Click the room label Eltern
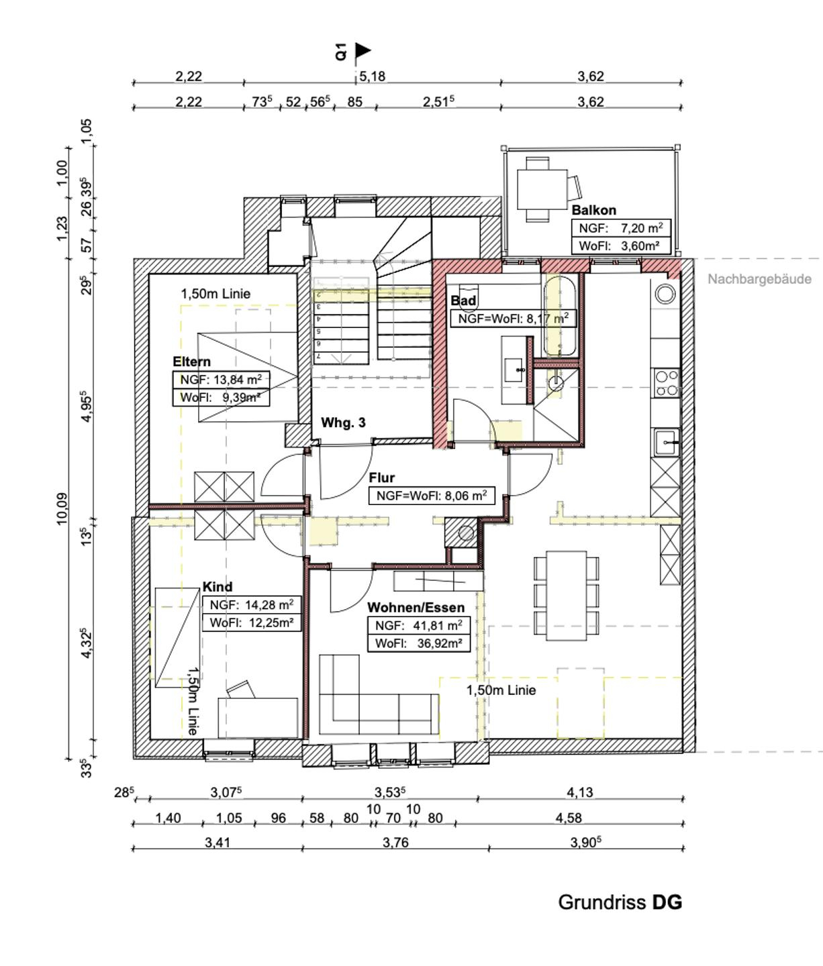pyautogui.click(x=191, y=362)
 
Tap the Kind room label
pyautogui.click(x=217, y=587)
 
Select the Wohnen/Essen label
pyautogui.click(x=416, y=608)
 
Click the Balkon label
pyautogui.click(x=593, y=210)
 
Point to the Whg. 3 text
pyautogui.click(x=343, y=423)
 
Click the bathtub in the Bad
pyautogui.click(x=560, y=315)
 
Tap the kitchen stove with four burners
pyautogui.click(x=667, y=383)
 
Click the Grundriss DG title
pyautogui.click(x=620, y=902)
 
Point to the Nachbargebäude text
pyautogui.click(x=759, y=279)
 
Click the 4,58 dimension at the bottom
pyautogui.click(x=569, y=818)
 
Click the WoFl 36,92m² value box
pyautogui.click(x=418, y=643)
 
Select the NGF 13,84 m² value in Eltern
pyautogui.click(x=221, y=380)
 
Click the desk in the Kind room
pyautogui.click(x=258, y=716)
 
